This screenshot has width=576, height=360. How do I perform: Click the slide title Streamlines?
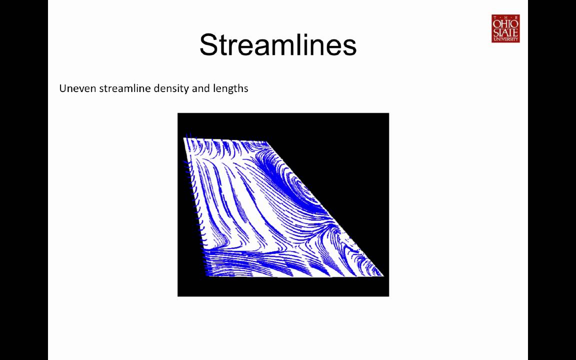tap(277, 45)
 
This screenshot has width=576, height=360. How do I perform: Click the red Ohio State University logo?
tap(505, 28)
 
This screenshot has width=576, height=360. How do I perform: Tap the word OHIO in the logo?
tap(505, 22)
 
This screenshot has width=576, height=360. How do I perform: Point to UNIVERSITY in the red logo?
tap(505, 39)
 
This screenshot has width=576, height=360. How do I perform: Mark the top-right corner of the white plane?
tap(266, 142)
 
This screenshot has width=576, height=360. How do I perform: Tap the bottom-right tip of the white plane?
tap(383, 276)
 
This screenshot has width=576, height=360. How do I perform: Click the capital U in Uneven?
tap(63, 88)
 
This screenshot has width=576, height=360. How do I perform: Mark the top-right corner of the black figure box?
tap(388, 113)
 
